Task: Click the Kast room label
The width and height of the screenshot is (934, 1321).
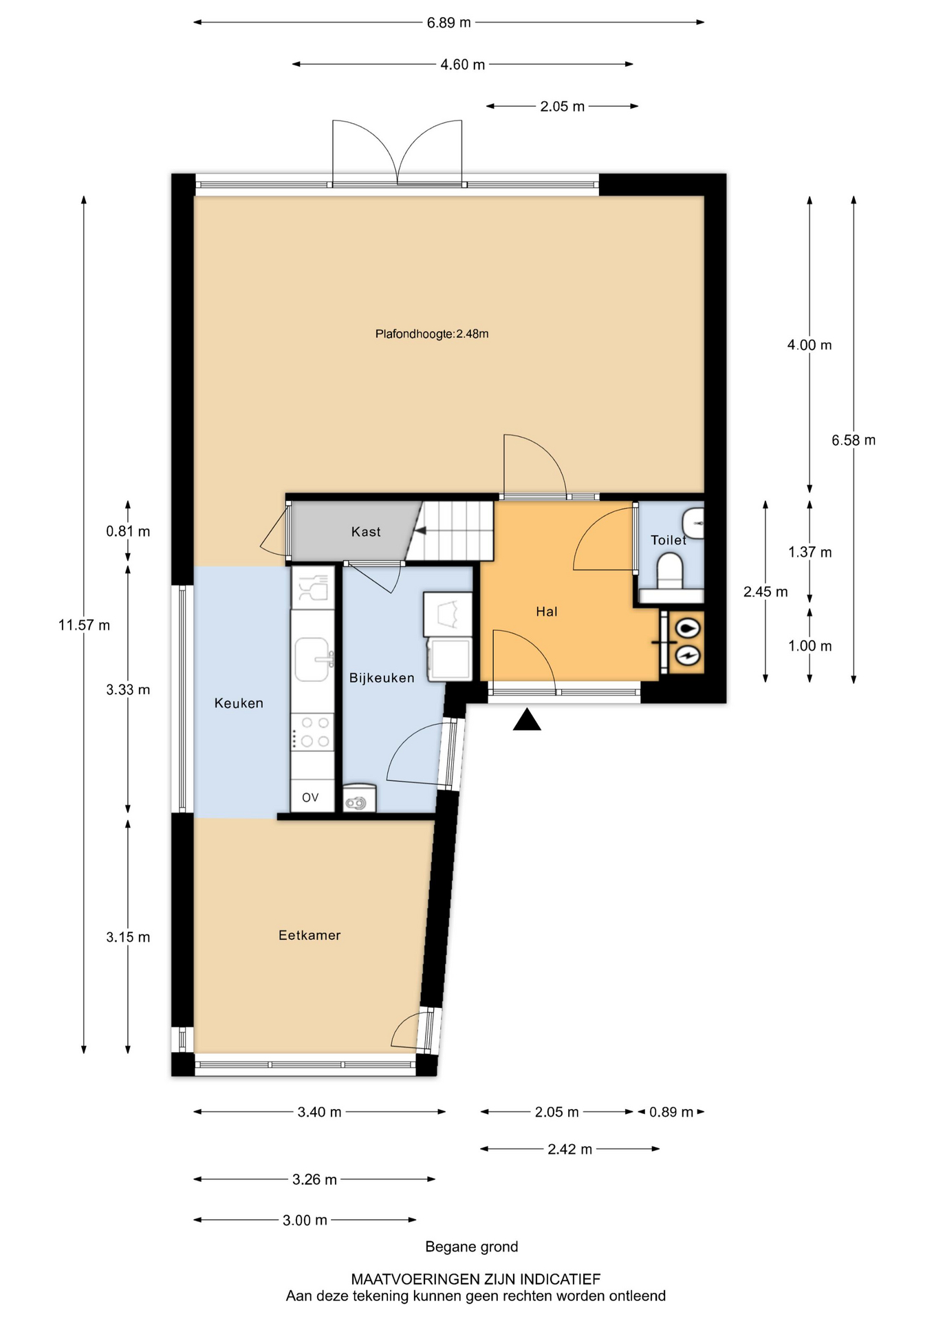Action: pyautogui.click(x=366, y=532)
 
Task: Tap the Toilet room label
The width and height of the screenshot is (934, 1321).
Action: pyautogui.click(x=669, y=540)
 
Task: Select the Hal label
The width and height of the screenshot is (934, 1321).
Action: pyautogui.click(x=547, y=612)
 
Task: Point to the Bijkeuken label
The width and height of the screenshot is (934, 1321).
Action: pyautogui.click(x=382, y=678)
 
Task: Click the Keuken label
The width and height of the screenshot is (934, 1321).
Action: pyautogui.click(x=239, y=703)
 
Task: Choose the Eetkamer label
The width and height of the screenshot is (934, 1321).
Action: pyautogui.click(x=309, y=935)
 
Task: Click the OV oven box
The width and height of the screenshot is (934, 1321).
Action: pyautogui.click(x=311, y=797)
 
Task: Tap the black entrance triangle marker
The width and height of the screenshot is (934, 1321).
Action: pyautogui.click(x=527, y=720)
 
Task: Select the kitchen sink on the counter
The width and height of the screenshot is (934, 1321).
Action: pyautogui.click(x=313, y=658)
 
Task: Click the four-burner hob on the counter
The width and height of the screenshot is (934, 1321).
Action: pyautogui.click(x=313, y=732)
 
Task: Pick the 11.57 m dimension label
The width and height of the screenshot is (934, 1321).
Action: pyautogui.click(x=84, y=625)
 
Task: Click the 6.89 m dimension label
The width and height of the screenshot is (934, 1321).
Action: pyautogui.click(x=449, y=23)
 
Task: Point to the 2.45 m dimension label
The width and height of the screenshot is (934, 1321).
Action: pyautogui.click(x=765, y=592)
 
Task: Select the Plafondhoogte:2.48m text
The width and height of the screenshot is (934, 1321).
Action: pyautogui.click(x=432, y=334)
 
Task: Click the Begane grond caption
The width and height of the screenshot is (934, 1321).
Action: pyautogui.click(x=472, y=1247)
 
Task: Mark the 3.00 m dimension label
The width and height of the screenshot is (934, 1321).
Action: pyautogui.click(x=305, y=1221)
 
